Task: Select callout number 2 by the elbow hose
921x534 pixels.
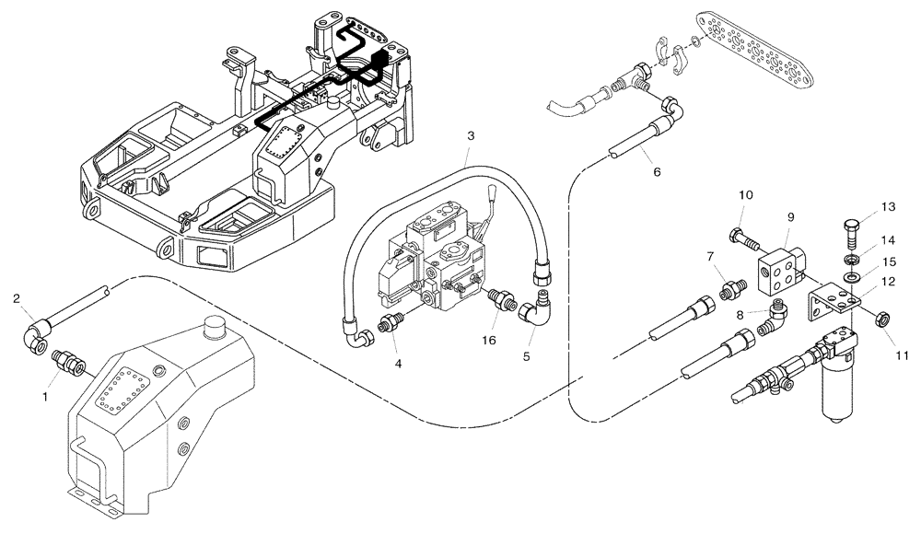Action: (x=17, y=297)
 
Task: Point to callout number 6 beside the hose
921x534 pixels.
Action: (x=657, y=171)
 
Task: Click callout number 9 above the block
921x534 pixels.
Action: (x=789, y=219)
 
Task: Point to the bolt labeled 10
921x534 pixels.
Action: (x=744, y=238)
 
